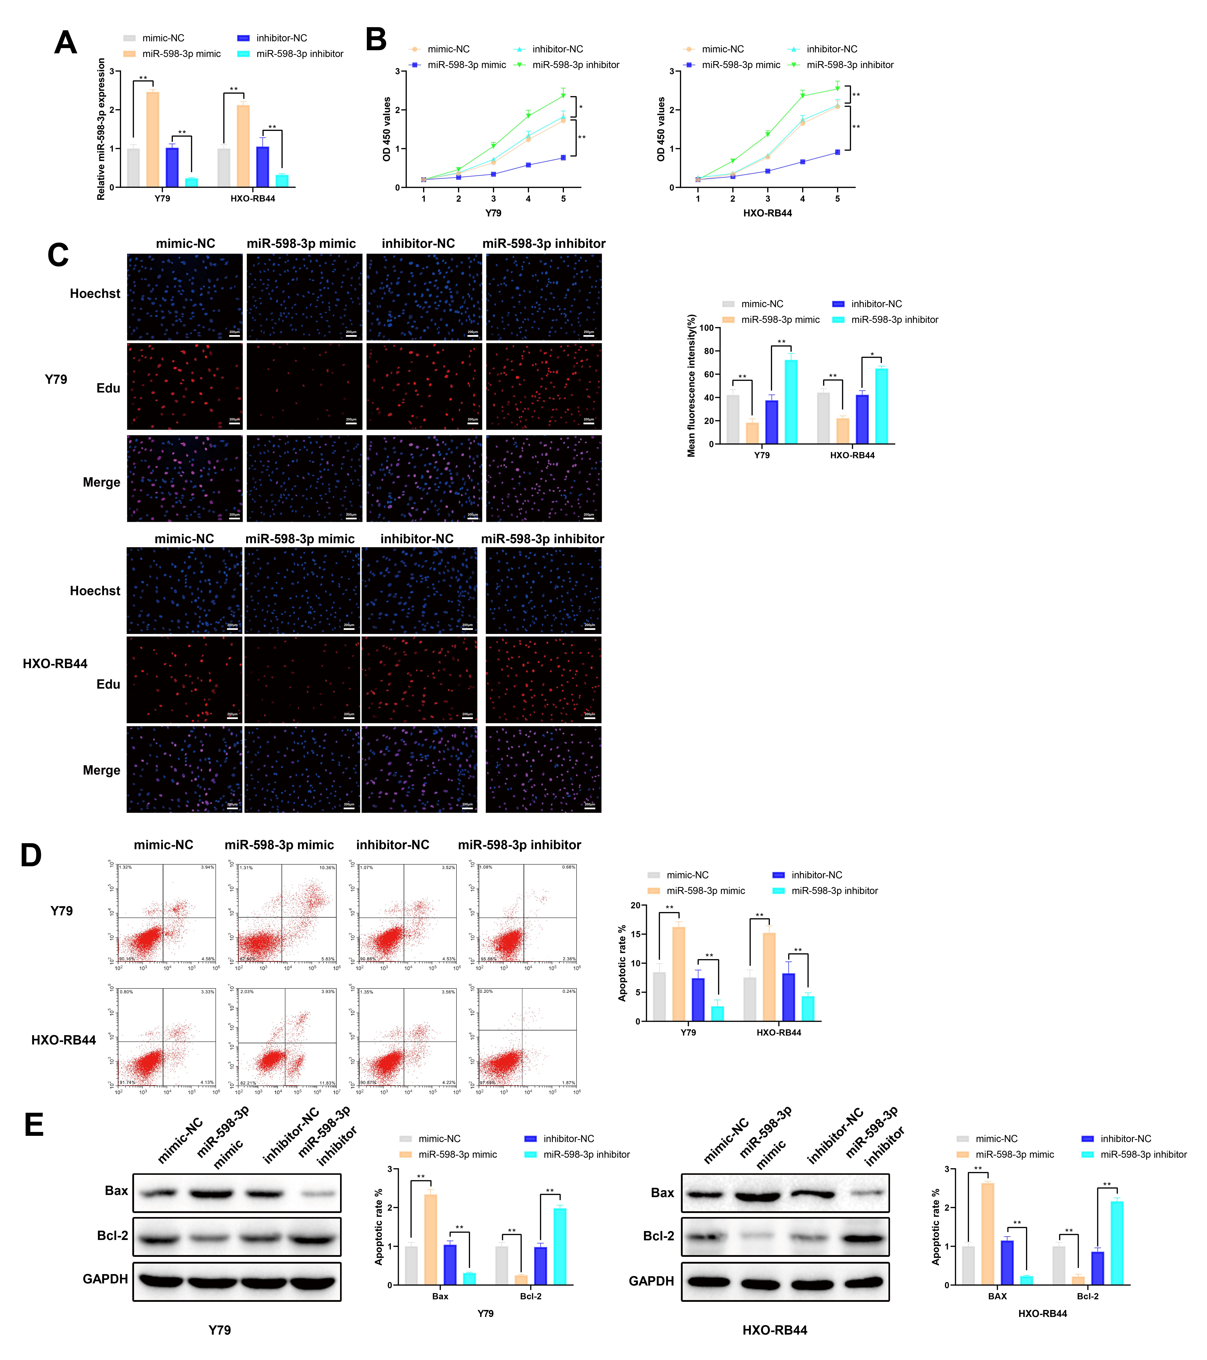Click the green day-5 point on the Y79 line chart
coord(563,95)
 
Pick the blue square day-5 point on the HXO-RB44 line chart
coord(837,152)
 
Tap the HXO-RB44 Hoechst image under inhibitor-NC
coord(419,590)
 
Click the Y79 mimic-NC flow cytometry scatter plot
coord(166,912)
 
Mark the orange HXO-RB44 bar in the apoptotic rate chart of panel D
coord(769,977)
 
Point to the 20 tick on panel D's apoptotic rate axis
coord(636,906)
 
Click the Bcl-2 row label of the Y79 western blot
coord(113,1235)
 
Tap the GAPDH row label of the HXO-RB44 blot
coord(651,1281)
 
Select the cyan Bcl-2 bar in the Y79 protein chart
coord(560,1246)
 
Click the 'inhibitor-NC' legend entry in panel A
coord(281,38)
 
